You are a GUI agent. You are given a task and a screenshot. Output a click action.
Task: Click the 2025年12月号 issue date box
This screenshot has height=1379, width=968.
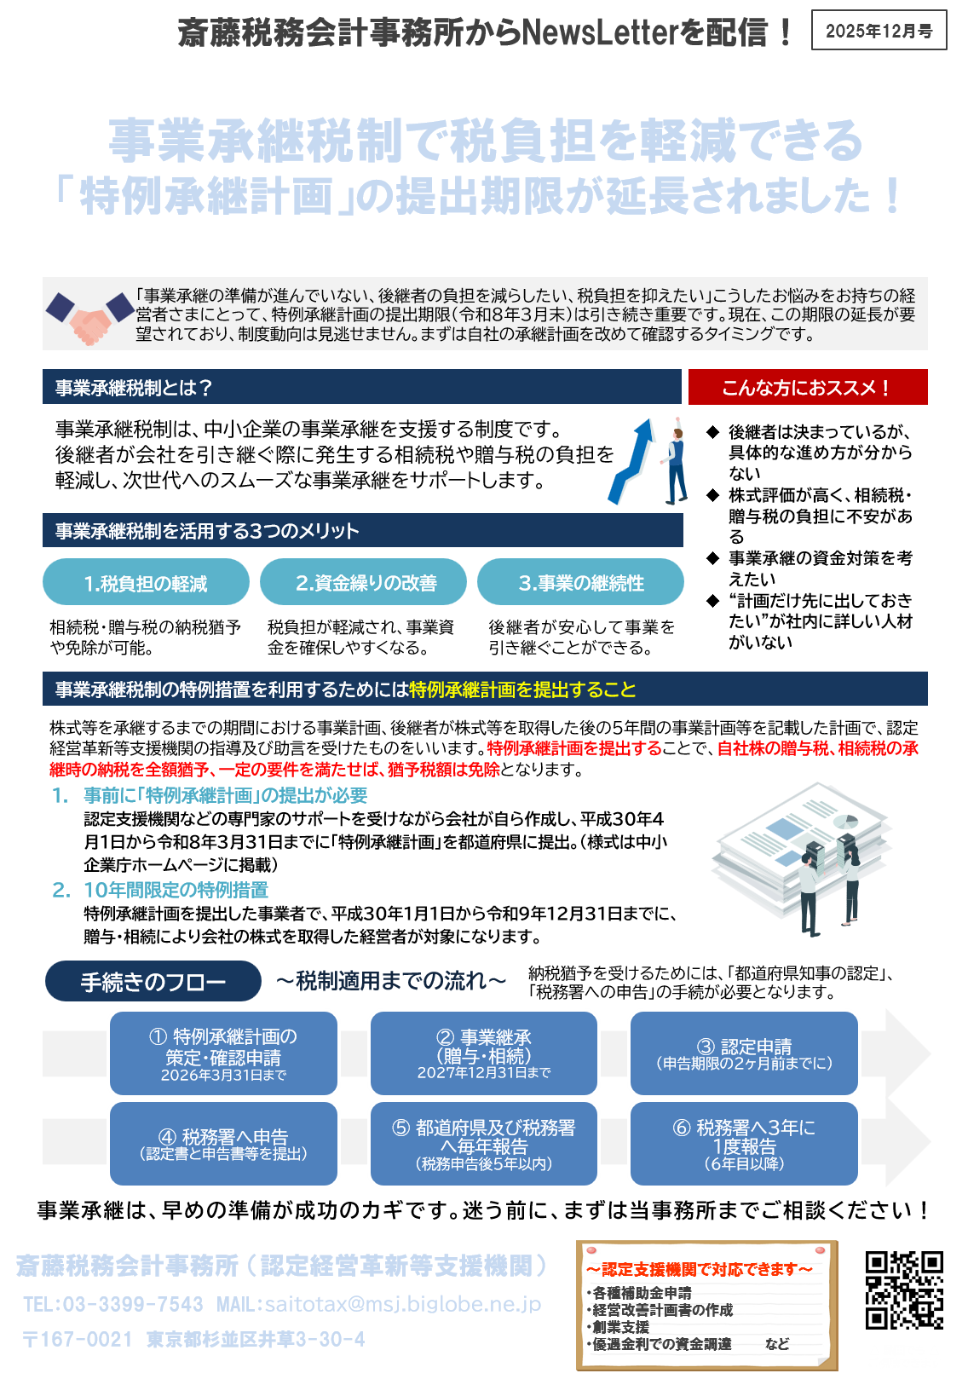[x=879, y=32]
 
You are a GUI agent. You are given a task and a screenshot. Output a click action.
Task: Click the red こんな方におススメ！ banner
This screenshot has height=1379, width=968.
[x=807, y=388]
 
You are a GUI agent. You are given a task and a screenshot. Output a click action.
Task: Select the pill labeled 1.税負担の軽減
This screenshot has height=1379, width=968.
[x=146, y=583]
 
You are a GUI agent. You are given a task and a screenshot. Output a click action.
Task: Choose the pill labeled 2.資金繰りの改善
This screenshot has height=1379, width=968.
[x=364, y=583]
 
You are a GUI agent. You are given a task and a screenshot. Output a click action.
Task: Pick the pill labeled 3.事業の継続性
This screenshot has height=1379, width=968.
[x=580, y=583]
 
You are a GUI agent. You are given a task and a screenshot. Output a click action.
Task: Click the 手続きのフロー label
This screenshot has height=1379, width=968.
[x=153, y=982]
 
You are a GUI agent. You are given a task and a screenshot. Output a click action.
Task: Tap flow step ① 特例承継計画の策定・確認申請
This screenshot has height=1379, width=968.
[x=223, y=1053]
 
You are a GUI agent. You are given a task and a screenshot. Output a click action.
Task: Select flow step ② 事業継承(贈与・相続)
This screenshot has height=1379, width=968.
[x=484, y=1053]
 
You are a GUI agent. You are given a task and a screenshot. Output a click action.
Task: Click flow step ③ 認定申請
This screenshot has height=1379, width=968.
[x=744, y=1053]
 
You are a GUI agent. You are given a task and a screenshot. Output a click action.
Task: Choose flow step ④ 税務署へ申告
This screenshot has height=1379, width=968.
[x=223, y=1144]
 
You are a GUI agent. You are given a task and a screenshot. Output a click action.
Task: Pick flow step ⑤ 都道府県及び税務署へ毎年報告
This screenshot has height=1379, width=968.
[x=484, y=1144]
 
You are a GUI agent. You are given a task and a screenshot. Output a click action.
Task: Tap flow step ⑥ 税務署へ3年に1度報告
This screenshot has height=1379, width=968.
[x=744, y=1144]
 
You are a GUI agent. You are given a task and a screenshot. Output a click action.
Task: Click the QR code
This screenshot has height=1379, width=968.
[x=904, y=1290]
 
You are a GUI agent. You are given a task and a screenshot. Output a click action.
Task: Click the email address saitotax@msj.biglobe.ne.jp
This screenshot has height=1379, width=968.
[x=403, y=1305]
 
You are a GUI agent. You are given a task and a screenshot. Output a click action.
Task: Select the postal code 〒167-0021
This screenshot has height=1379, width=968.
[x=78, y=1340]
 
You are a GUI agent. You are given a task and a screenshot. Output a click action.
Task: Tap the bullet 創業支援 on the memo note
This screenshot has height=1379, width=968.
[x=621, y=1327]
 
